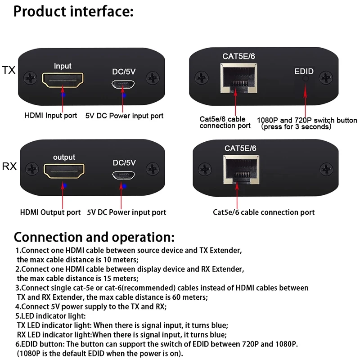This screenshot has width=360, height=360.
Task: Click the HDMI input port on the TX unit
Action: click(x=63, y=80)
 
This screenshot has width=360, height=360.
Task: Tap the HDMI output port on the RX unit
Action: click(x=64, y=171)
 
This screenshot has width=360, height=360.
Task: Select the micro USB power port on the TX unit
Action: click(x=123, y=84)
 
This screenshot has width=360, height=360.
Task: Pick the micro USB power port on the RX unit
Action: click(x=123, y=175)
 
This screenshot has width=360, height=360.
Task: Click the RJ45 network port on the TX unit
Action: click(x=239, y=78)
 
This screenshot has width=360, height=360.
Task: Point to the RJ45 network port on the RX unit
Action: click(x=241, y=170)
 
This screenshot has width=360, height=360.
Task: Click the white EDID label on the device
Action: click(x=304, y=72)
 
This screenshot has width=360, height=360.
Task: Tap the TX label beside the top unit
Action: click(x=9, y=70)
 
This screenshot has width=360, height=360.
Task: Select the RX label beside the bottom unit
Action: click(x=9, y=166)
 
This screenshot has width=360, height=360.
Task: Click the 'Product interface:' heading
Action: click(x=73, y=12)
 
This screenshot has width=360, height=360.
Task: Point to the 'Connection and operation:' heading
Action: click(x=94, y=237)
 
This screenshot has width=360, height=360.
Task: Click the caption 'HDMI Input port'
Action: click(x=51, y=115)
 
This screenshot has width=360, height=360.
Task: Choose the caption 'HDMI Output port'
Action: click(x=50, y=212)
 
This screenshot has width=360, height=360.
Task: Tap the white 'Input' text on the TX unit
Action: click(x=63, y=66)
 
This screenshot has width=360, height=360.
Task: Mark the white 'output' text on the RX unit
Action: click(x=64, y=157)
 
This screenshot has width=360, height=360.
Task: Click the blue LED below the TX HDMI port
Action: click(x=63, y=94)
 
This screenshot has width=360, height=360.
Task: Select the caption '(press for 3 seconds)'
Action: click(x=297, y=127)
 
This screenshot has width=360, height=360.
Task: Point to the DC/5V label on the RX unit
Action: click(x=124, y=163)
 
